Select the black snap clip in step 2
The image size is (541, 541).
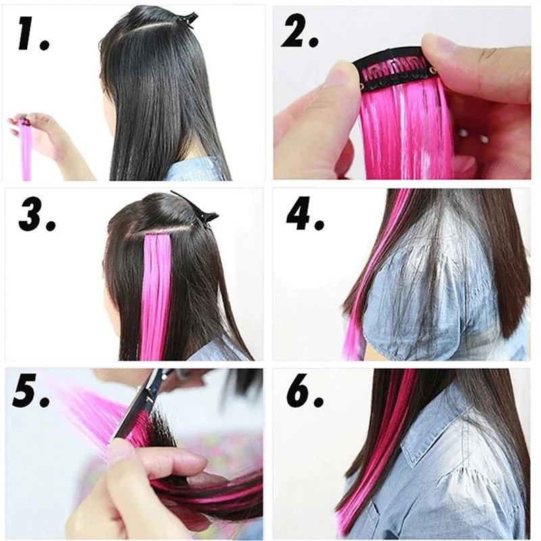[x=392, y=68]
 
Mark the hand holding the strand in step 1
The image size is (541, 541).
[x=44, y=135]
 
